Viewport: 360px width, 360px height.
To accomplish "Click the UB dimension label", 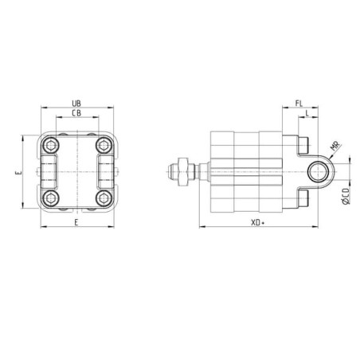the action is [x=76, y=104].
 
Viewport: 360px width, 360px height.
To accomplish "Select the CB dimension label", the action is [x=76, y=113].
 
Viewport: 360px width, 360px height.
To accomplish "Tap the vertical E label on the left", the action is [x=18, y=173].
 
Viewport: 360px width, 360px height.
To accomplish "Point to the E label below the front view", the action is [x=76, y=222].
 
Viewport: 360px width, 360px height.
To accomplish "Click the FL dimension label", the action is [x=299, y=104].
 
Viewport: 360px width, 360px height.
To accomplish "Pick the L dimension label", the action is [x=307, y=113].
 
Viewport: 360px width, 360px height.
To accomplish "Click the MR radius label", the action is [x=335, y=147].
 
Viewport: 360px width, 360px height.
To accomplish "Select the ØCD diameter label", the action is [x=346, y=196].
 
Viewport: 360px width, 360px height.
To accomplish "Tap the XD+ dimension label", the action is [x=258, y=222].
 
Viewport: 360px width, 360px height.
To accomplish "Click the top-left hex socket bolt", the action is [x=50, y=145].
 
